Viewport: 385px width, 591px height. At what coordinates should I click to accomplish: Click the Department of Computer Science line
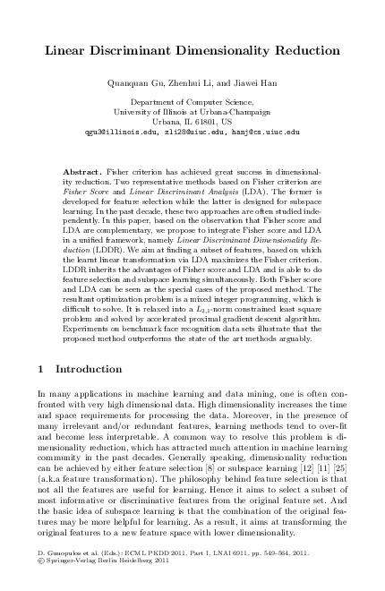coord(192,104)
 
